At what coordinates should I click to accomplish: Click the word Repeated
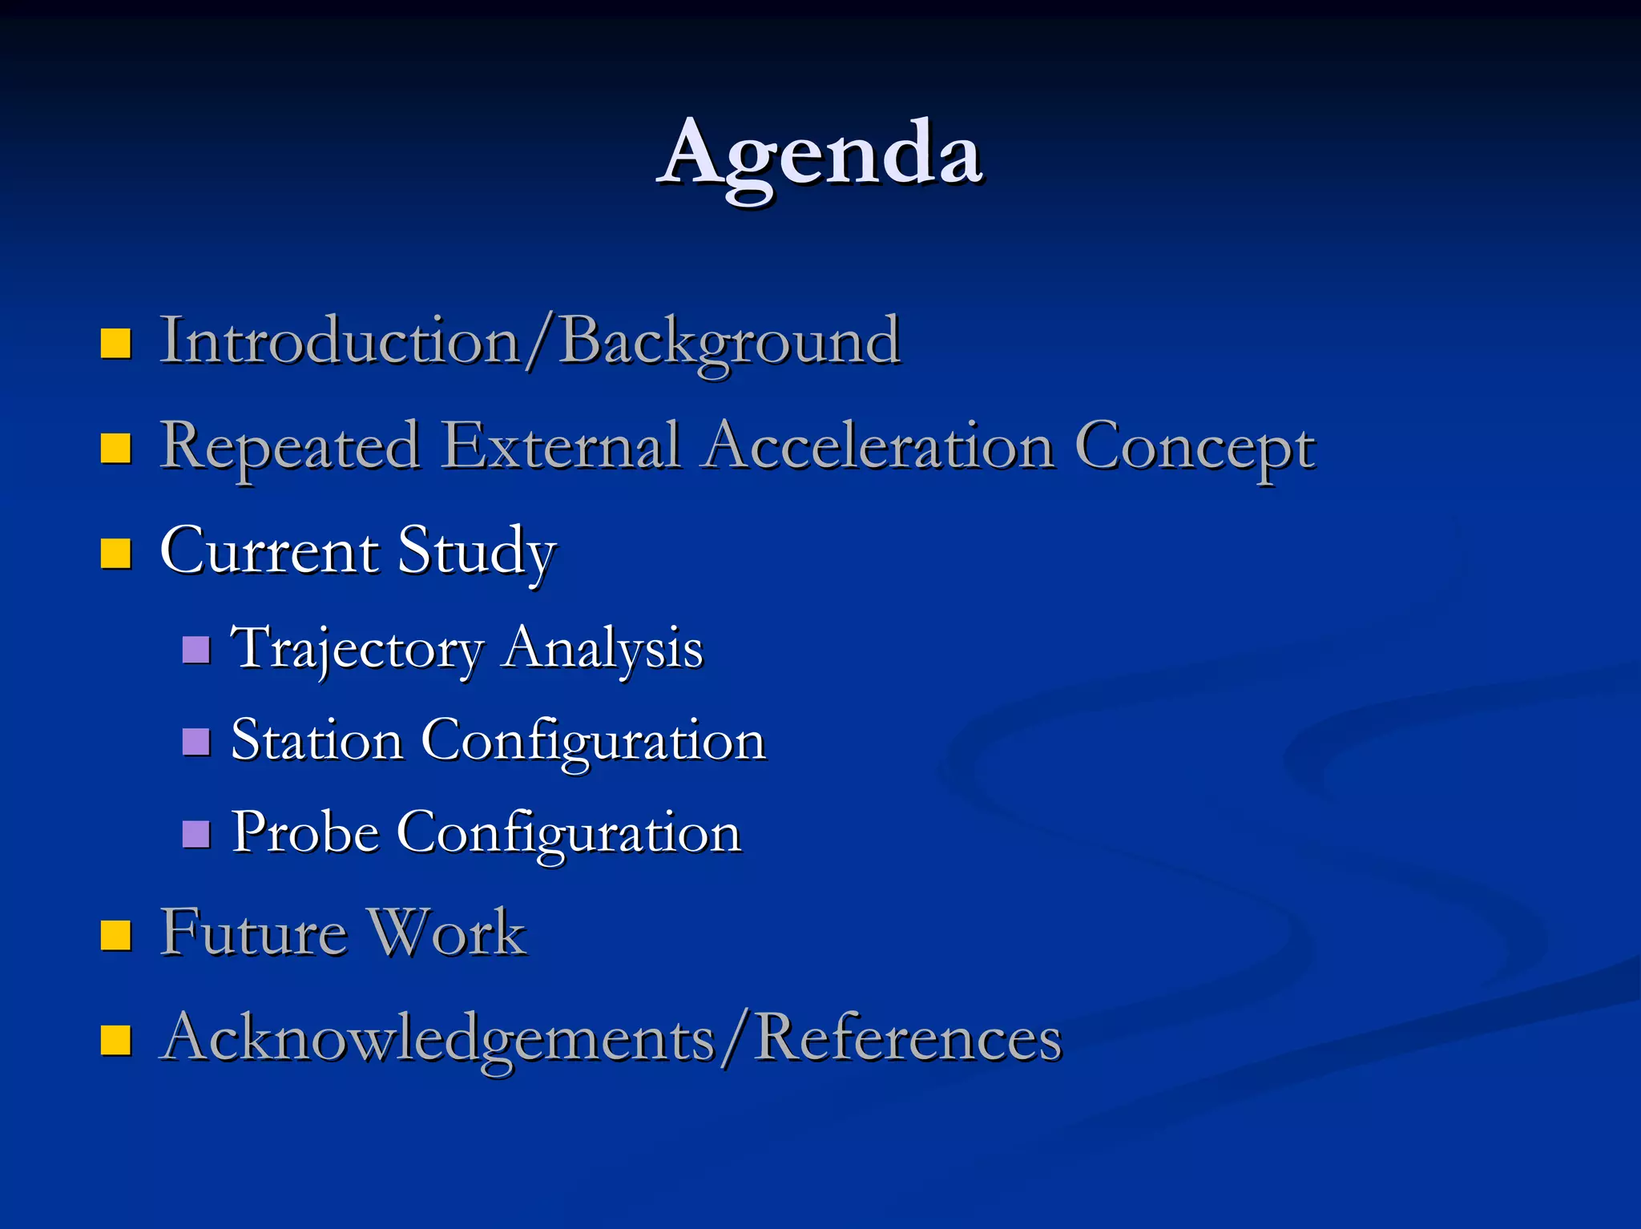pyautogui.click(x=289, y=447)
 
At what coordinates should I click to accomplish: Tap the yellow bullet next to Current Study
pyautogui.click(x=115, y=553)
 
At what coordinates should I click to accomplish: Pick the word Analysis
pyautogui.click(x=603, y=647)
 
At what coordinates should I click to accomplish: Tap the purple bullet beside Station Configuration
pyautogui.click(x=196, y=742)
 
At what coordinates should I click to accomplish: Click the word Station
pyautogui.click(x=317, y=740)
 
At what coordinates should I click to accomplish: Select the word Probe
pyautogui.click(x=305, y=832)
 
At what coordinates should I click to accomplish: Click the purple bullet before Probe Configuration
pyautogui.click(x=196, y=834)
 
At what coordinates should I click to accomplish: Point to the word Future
pyautogui.click(x=253, y=933)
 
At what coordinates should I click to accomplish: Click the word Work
pyautogui.click(x=446, y=933)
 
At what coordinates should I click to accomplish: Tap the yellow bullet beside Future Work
pyautogui.click(x=115, y=934)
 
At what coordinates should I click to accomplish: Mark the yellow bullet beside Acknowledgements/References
pyautogui.click(x=115, y=1040)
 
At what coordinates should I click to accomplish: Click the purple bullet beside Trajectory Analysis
pyautogui.click(x=196, y=650)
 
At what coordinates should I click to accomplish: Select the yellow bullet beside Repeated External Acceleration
pyautogui.click(x=115, y=449)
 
